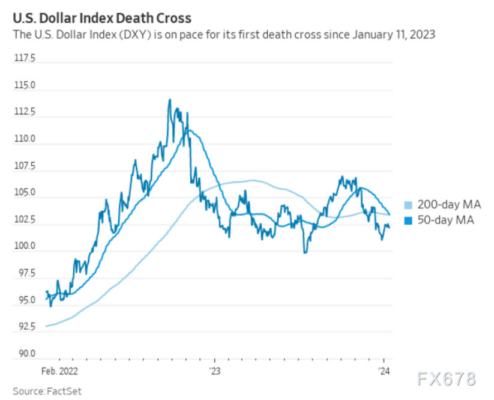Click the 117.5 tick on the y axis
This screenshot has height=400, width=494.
coord(25,58)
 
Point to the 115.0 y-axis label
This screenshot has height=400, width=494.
coord(25,85)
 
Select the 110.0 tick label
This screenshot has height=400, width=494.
coord(25,139)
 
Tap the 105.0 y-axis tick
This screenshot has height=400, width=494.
coord(25,193)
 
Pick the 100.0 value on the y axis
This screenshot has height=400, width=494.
coord(25,246)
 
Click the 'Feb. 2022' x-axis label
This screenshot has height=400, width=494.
coord(59,371)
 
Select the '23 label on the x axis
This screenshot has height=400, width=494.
coord(214,371)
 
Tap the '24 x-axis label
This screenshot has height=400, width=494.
coord(384,371)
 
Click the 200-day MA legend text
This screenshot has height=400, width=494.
coord(449,204)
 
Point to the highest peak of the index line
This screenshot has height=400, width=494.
coord(170,100)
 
